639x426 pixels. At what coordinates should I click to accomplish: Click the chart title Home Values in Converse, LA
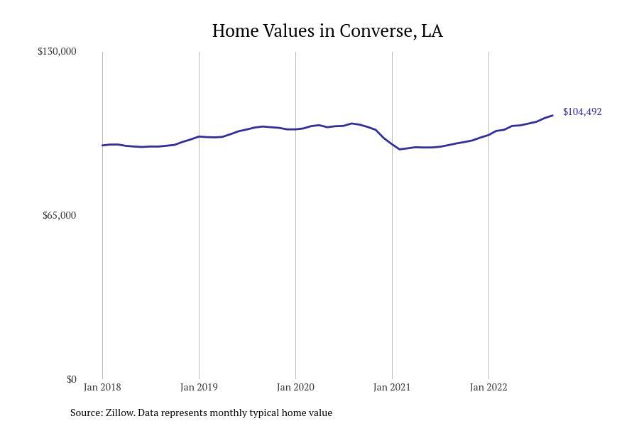(327, 31)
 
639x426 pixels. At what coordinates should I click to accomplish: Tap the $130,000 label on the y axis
(57, 51)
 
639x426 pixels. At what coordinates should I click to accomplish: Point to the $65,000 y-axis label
(59, 215)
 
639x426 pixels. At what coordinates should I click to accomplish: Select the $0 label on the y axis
(71, 379)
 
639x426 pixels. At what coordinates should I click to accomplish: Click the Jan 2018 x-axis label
(102, 387)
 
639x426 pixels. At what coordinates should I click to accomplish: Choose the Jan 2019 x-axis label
(199, 387)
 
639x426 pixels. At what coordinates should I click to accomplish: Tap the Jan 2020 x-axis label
(295, 387)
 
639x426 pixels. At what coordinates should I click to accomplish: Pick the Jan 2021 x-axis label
(392, 387)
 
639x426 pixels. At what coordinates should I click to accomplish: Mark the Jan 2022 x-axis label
(488, 387)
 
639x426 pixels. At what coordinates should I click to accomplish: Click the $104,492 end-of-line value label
(582, 111)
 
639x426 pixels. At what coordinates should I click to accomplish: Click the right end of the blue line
(552, 115)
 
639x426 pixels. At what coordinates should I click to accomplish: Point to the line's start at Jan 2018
(103, 145)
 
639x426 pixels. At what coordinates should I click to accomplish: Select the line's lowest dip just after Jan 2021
(400, 149)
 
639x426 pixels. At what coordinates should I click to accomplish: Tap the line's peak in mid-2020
(351, 124)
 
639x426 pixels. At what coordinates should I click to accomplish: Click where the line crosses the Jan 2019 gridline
(199, 136)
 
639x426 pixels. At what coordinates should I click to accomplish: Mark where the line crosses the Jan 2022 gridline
(488, 134)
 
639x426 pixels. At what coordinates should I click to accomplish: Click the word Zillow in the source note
(120, 413)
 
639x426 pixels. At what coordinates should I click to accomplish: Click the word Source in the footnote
(86, 413)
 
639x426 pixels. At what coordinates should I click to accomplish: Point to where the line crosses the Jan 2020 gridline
(295, 129)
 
